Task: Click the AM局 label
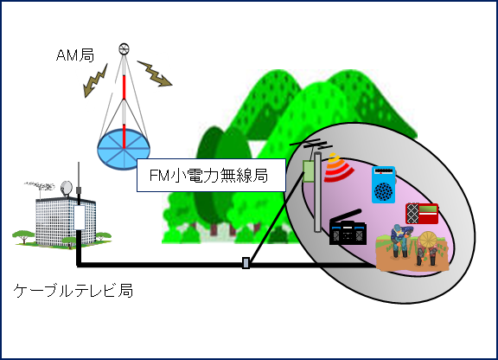point(75,55)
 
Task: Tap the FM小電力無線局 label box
point(211,175)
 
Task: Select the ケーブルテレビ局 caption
point(73,291)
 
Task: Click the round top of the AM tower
point(124,49)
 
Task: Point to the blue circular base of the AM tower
point(124,149)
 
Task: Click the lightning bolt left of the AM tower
point(95,80)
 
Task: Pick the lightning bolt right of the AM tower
point(155,74)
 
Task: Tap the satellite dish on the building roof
point(67,189)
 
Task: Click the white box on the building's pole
point(80,217)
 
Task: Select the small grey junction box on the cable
point(246,263)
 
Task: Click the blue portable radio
point(384,185)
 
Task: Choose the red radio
point(422,214)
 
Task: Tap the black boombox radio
point(348,228)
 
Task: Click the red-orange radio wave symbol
point(338,169)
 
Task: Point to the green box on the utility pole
point(309,171)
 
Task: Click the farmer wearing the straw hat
point(427,248)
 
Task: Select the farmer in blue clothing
point(400,241)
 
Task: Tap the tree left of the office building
point(23,237)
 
